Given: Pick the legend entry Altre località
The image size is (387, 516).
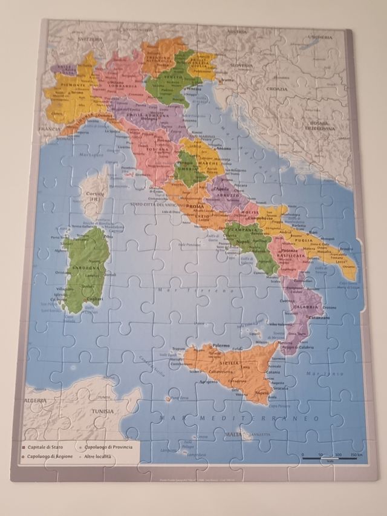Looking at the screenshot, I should [97, 456].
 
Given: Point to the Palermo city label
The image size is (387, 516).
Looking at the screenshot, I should [221, 345].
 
